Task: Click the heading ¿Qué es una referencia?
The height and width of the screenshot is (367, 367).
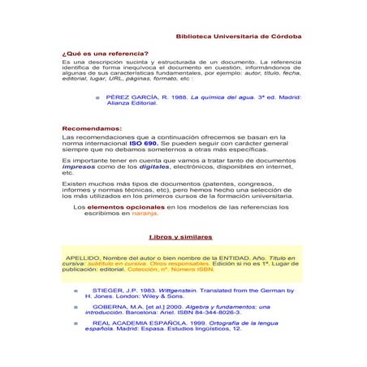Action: click(x=99, y=54)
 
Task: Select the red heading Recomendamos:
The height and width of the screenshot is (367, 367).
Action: click(x=92, y=128)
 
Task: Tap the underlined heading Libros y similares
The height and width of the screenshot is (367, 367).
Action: click(x=181, y=236)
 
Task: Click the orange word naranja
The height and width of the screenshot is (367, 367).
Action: click(x=143, y=214)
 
